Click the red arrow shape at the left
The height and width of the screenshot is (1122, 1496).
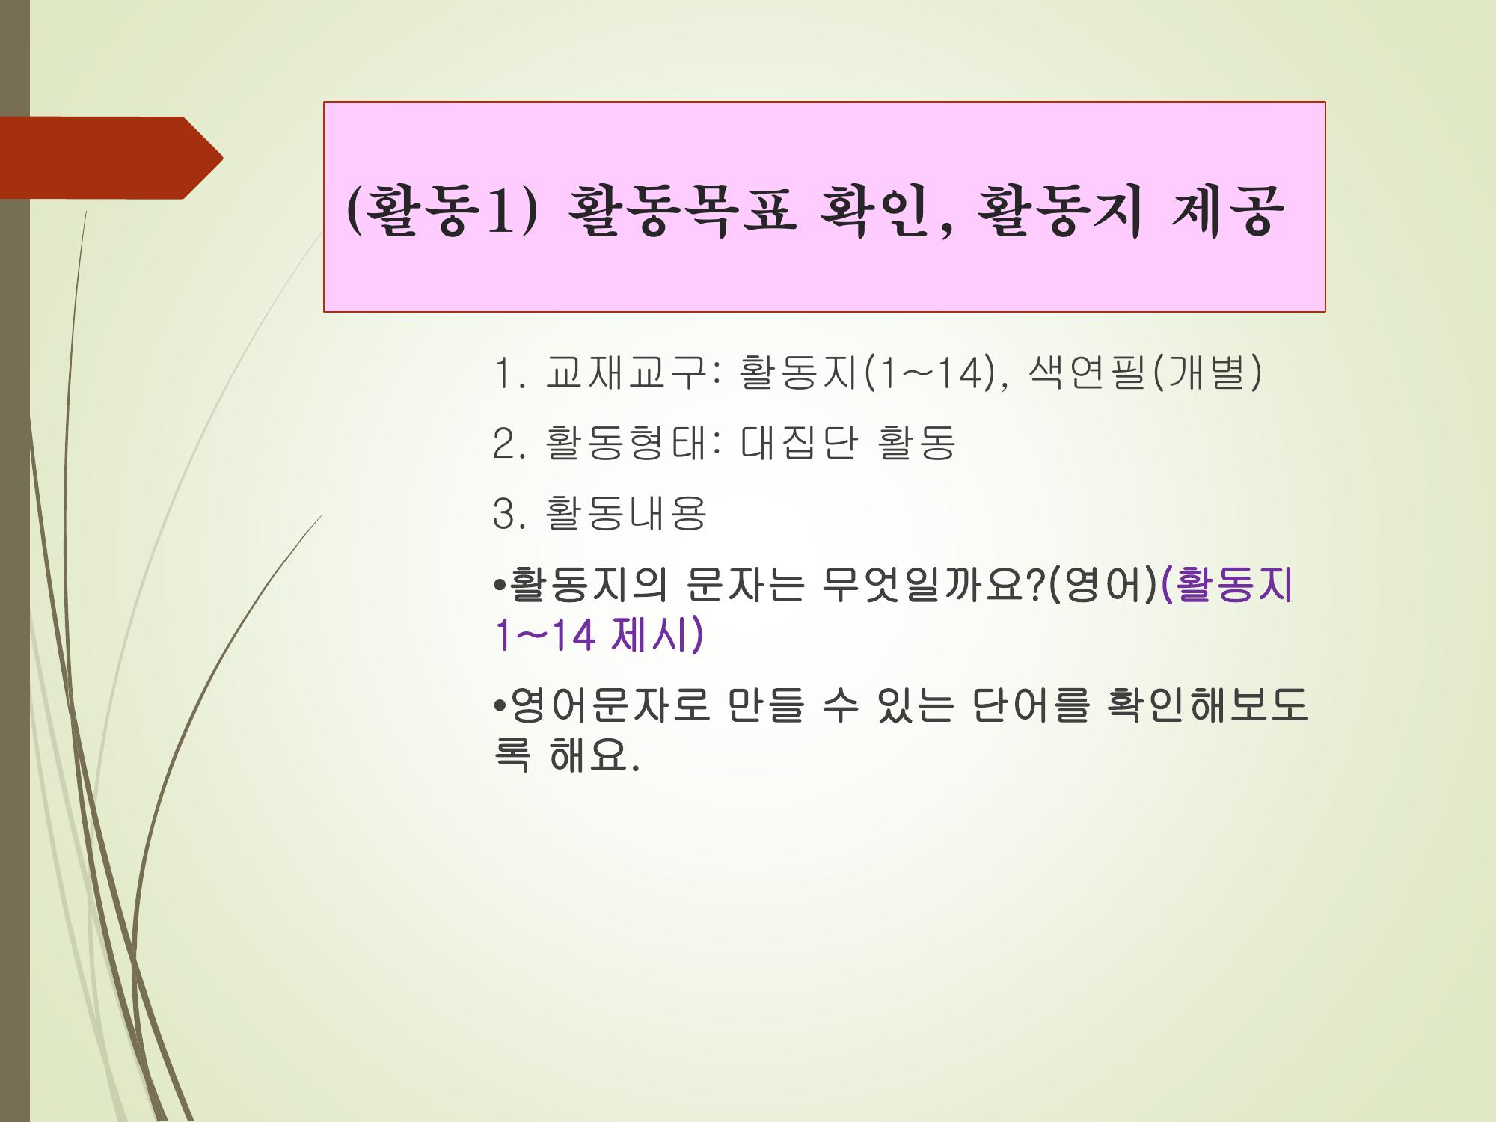tap(111, 158)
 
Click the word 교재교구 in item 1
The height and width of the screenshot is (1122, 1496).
tap(626, 373)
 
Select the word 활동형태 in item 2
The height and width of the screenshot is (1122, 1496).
tap(626, 443)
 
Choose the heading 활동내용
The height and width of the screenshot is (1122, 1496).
tap(626, 514)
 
